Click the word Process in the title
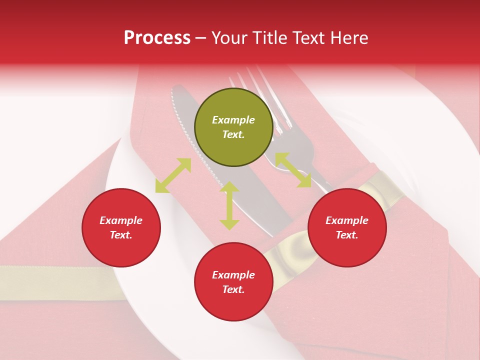[x=157, y=38]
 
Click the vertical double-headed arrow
[x=229, y=205]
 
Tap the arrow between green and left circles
[x=173, y=175]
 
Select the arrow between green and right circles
[x=293, y=170]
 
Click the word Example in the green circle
[x=233, y=120]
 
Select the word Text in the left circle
[x=121, y=235]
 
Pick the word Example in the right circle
[x=347, y=220]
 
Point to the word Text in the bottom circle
[x=233, y=289]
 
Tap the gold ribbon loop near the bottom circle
[x=290, y=250]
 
